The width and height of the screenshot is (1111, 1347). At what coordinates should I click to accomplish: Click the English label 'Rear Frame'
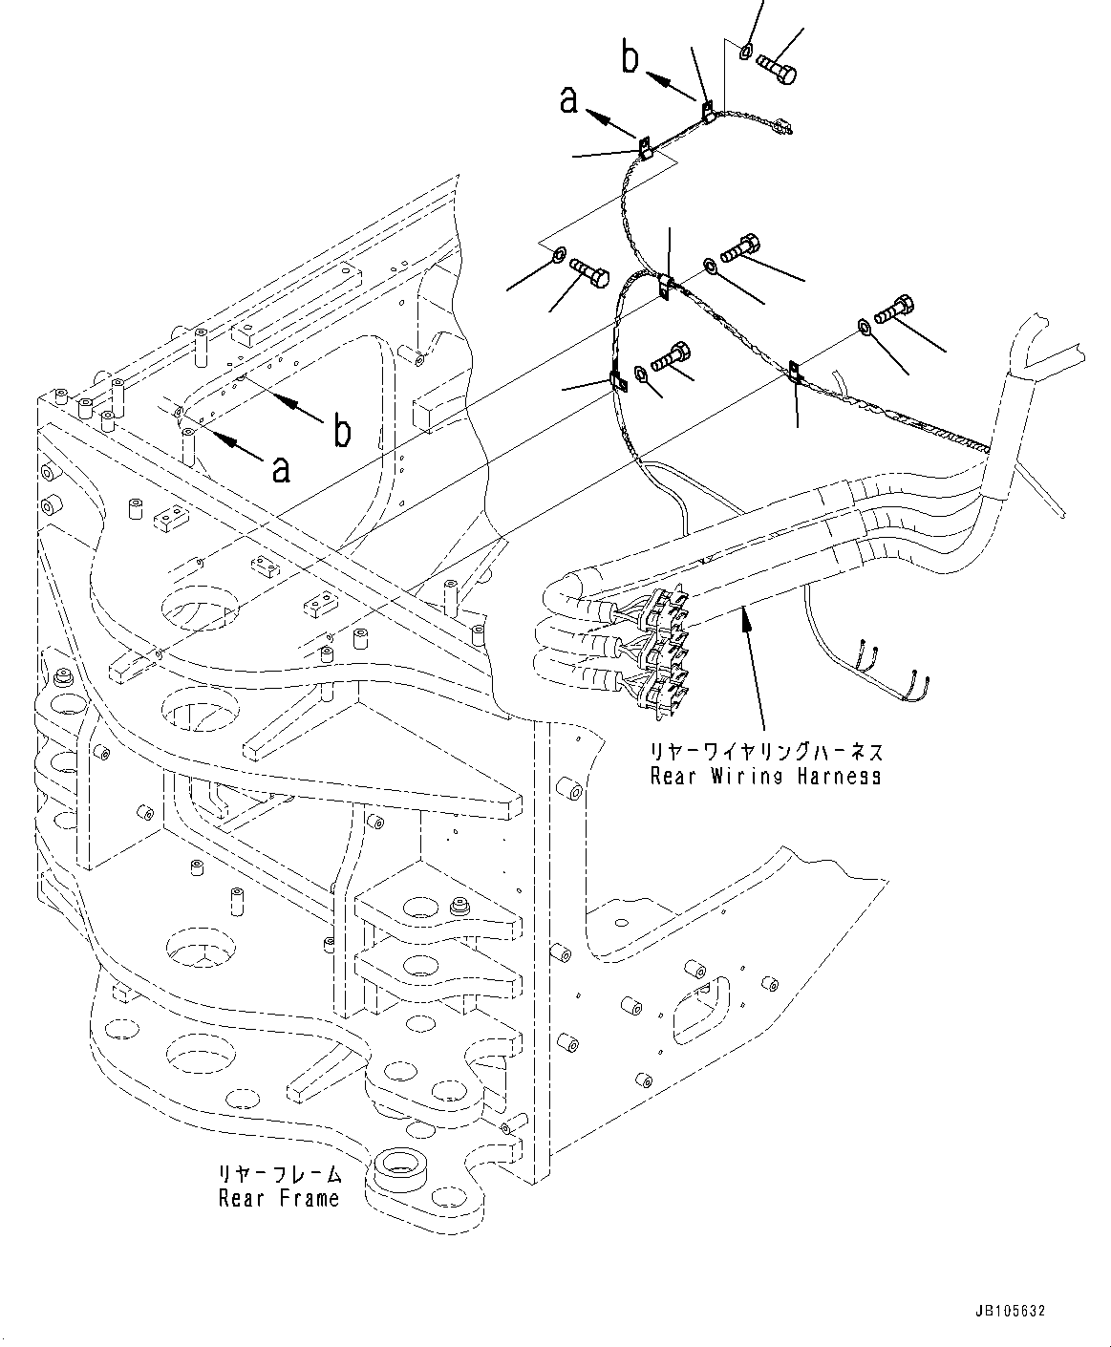click(x=278, y=1198)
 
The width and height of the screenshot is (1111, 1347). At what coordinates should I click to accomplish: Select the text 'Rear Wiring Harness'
click(x=765, y=777)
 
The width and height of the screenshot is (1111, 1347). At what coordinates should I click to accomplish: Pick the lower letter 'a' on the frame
click(x=280, y=468)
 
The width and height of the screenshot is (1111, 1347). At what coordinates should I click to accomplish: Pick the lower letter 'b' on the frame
click(x=340, y=432)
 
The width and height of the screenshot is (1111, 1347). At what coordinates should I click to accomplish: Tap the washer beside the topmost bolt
click(x=747, y=50)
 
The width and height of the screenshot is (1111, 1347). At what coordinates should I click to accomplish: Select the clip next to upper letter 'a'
click(x=645, y=147)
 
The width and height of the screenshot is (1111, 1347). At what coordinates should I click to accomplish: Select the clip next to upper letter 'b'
click(x=708, y=111)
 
